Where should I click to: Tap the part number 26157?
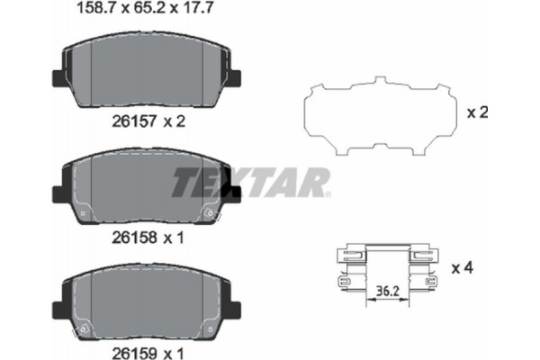[133, 123]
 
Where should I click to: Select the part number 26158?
[133, 238]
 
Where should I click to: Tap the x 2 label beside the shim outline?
[477, 113]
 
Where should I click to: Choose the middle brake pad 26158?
[148, 190]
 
